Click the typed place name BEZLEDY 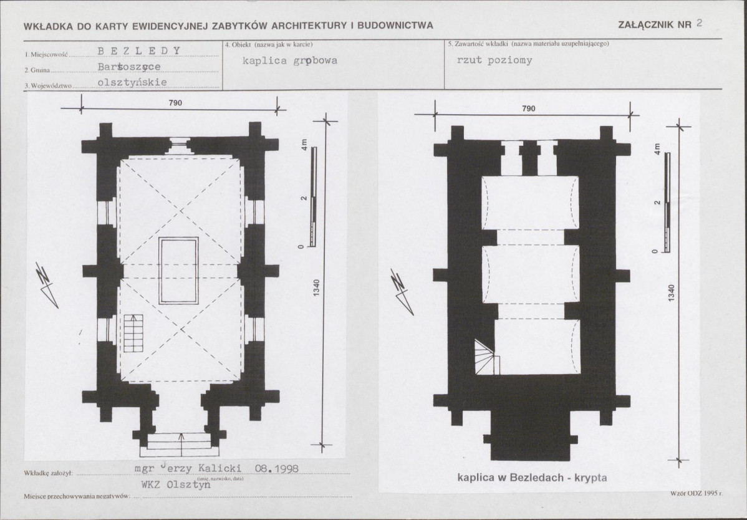coord(139,51)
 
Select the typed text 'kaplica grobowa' coord(290,60)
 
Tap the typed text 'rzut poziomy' coord(494,60)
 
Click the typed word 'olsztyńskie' coord(132,82)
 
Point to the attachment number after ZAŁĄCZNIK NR coord(699,23)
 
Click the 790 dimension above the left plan coord(175,103)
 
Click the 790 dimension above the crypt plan coord(528,108)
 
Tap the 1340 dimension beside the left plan coord(317,288)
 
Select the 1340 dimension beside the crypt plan coord(672,293)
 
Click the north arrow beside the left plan coord(47,285)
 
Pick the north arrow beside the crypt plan coord(402,291)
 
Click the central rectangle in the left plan coord(179,271)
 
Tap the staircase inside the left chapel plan coord(133,334)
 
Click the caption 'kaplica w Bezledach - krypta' coord(532,477)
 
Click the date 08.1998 coord(277,469)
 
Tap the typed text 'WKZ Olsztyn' coord(176,484)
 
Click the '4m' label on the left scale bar coord(304,145)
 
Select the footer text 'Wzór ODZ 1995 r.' coord(696,493)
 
